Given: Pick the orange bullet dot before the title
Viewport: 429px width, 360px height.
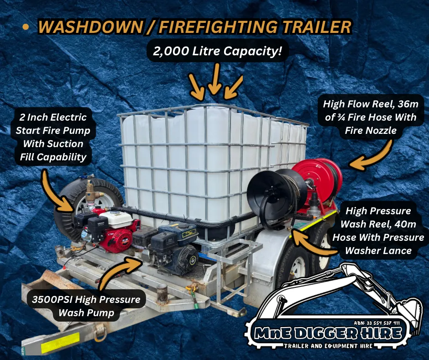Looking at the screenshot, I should coord(26,27).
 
